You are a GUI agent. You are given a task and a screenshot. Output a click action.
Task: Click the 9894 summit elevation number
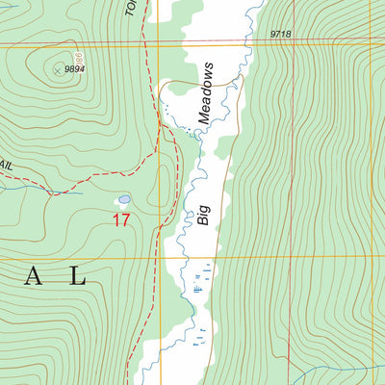click(x=75, y=69)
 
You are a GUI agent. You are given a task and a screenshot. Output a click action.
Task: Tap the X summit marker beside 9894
click(x=57, y=68)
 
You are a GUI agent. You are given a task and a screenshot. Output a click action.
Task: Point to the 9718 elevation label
click(x=280, y=34)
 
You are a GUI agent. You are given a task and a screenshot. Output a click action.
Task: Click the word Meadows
click(x=205, y=94)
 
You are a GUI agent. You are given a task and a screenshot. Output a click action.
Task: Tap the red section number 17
click(x=120, y=220)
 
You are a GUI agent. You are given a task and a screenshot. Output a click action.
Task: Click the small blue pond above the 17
click(x=123, y=200)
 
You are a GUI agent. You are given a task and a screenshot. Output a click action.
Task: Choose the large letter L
click(x=76, y=278)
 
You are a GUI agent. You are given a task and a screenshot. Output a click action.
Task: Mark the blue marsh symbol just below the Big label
click(x=198, y=286)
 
